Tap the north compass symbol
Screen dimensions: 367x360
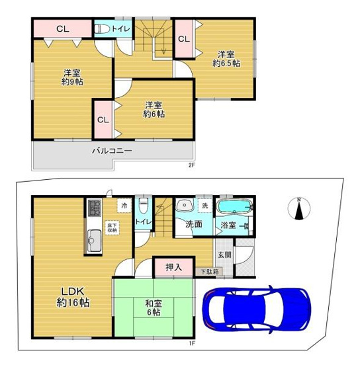299,210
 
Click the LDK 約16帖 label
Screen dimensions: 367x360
73,297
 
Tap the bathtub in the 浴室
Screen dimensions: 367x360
235,207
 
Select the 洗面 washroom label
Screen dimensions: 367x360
193,224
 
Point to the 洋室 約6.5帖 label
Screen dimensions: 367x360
226,58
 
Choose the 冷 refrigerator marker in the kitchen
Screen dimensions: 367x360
124,206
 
